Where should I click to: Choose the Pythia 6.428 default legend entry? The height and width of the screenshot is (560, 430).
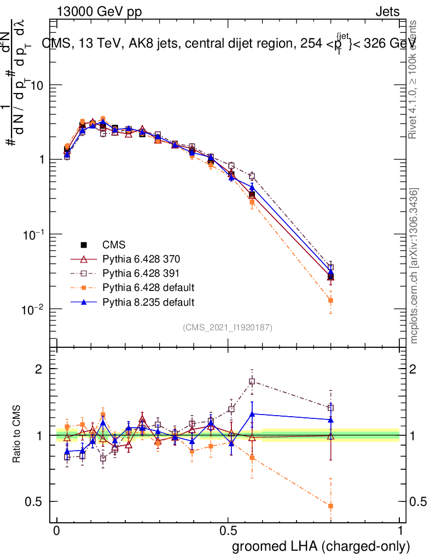148,288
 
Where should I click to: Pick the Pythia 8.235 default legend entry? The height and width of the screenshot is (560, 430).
148,302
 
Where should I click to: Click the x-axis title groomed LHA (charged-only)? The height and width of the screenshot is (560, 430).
322,546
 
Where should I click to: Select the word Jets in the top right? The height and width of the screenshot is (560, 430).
387,12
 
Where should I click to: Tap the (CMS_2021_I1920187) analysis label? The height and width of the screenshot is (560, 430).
228,328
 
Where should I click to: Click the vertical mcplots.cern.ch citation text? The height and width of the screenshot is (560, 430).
415,266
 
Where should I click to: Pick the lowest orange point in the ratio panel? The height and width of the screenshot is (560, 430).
330,506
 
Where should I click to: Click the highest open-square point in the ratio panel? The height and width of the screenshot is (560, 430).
252,381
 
